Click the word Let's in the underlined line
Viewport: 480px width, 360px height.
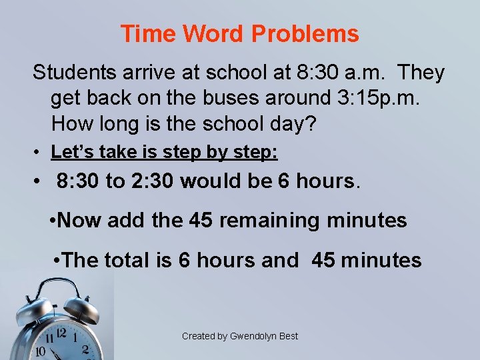click(x=69, y=152)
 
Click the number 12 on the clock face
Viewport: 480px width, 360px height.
click(x=61, y=332)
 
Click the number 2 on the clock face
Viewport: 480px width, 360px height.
click(x=85, y=349)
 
